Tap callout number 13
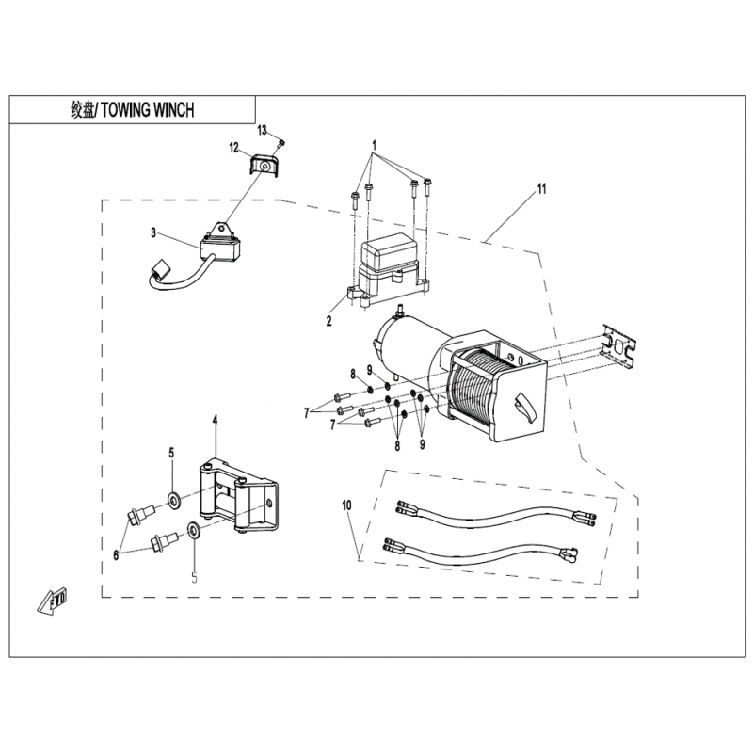point(263,129)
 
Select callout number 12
point(233,146)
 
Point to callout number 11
point(541,189)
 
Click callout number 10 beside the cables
point(347,507)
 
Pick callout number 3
point(152,232)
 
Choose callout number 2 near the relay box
point(328,321)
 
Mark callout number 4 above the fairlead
point(215,419)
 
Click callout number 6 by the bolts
point(117,555)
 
